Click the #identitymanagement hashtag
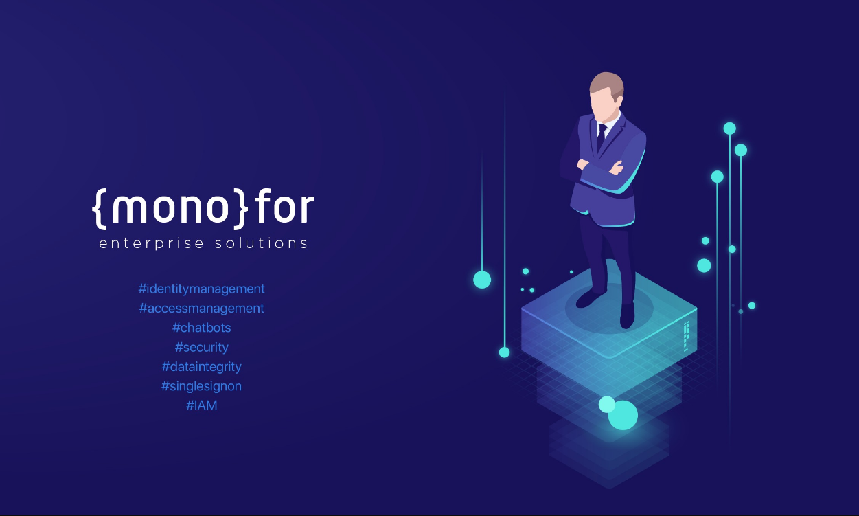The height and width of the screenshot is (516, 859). tap(201, 289)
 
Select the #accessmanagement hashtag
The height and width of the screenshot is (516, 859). tap(201, 309)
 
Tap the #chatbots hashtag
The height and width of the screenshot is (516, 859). tap(201, 328)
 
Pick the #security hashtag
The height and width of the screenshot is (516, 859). tap(201, 347)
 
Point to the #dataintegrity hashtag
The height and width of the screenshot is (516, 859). tap(201, 367)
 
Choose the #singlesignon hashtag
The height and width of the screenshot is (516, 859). tap(201, 386)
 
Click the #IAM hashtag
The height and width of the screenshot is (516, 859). tap(201, 405)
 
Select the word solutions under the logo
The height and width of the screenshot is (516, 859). tap(261, 243)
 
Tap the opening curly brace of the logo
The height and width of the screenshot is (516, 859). tap(100, 209)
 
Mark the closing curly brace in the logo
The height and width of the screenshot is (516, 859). tap(241, 209)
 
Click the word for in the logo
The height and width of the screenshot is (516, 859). tap(284, 205)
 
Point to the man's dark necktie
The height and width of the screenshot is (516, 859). tap(601, 137)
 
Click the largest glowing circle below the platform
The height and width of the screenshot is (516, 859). tap(623, 415)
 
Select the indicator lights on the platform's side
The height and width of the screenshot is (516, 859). tap(687, 336)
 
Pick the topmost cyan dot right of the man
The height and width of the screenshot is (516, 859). tap(729, 128)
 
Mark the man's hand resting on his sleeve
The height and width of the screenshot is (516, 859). tap(617, 168)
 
